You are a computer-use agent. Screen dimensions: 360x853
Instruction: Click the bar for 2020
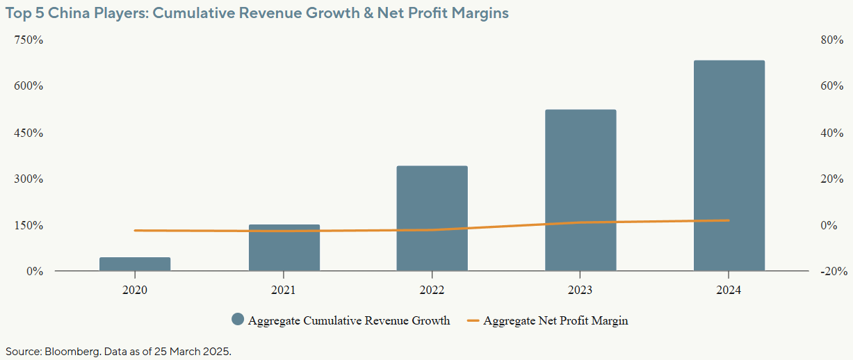[x=135, y=264]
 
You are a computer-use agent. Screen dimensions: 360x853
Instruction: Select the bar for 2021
[x=284, y=247]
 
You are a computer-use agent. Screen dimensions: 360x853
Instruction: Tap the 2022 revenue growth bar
[x=432, y=218]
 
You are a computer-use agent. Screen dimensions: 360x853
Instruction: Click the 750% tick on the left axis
[x=29, y=40]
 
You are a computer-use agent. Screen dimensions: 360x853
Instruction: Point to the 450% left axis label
[x=29, y=133]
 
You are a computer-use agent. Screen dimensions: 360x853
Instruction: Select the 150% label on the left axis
[x=29, y=225]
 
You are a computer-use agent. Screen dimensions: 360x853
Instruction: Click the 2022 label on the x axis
[x=432, y=291]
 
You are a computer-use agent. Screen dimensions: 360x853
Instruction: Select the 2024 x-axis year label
[x=729, y=291]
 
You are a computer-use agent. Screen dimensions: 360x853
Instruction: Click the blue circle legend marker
[x=238, y=320]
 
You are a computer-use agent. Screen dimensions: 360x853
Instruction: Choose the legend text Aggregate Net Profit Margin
[x=555, y=320]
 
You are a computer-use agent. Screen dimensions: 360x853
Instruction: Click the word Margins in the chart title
[x=482, y=13]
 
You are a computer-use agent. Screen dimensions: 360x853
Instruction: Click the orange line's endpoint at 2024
[x=729, y=220]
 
